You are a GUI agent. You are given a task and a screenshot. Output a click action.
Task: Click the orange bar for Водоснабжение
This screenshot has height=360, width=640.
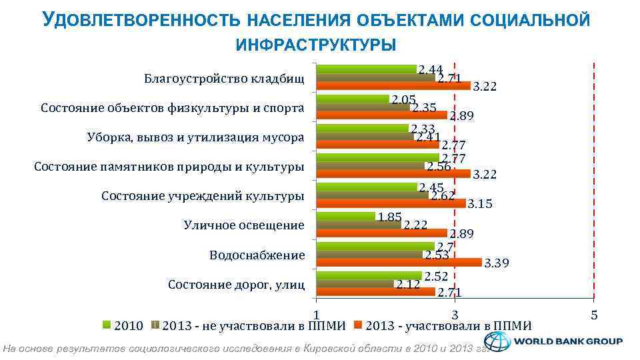click(x=399, y=262)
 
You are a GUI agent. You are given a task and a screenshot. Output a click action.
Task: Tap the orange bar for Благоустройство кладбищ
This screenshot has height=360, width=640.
click(x=393, y=85)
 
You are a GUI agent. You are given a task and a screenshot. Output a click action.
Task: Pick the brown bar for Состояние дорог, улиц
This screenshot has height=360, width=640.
click(x=355, y=283)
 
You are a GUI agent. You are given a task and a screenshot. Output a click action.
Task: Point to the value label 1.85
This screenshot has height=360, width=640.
click(x=389, y=217)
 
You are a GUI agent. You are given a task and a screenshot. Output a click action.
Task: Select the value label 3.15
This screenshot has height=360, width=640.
click(x=480, y=205)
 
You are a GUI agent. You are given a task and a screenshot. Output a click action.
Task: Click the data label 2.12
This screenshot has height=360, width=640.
click(x=407, y=285)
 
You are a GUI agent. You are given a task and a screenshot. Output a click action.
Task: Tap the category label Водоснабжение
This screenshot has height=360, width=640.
click(x=257, y=255)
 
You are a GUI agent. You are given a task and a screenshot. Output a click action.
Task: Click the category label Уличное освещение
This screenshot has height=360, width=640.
click(x=244, y=225)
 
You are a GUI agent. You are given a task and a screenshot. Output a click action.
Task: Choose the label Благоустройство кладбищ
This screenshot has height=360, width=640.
click(x=224, y=79)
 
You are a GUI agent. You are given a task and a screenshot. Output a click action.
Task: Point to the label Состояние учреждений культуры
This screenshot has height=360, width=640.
click(x=203, y=196)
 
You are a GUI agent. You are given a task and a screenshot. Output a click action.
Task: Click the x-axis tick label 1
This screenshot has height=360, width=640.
click(x=317, y=314)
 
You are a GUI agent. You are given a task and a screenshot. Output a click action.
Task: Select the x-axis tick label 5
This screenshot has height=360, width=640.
click(x=593, y=314)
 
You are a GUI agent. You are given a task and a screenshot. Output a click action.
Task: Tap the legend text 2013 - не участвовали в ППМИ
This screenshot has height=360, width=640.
click(x=254, y=325)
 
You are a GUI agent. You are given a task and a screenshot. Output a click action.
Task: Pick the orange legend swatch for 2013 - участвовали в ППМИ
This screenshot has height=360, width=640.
click(x=357, y=325)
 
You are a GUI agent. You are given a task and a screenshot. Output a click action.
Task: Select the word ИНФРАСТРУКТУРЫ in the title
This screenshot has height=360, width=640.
click(x=316, y=45)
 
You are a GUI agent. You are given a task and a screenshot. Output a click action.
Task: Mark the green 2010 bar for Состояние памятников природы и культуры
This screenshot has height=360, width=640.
click(x=377, y=158)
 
